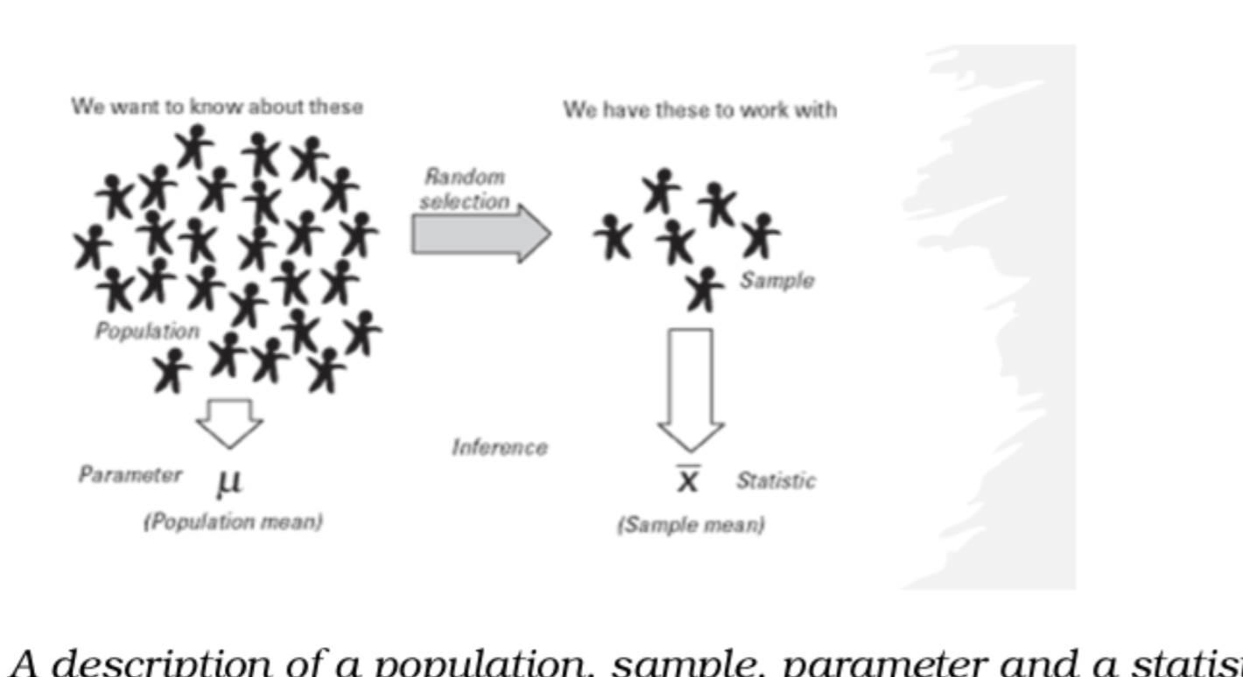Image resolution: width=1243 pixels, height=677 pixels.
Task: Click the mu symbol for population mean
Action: tap(229, 480)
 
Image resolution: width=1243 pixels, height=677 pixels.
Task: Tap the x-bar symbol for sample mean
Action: tap(688, 478)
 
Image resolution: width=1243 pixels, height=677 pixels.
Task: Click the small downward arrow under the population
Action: tap(229, 422)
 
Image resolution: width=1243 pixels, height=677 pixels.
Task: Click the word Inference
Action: tap(499, 448)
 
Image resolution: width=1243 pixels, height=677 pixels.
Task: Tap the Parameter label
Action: tap(130, 475)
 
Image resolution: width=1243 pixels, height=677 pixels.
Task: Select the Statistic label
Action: tap(776, 480)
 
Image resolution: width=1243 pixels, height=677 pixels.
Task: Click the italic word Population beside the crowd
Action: tap(147, 332)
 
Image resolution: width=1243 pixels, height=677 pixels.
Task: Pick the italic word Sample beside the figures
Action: tap(776, 281)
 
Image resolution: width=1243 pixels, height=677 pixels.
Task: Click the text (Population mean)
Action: tap(233, 522)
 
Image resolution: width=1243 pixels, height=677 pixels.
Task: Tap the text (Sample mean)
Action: tap(691, 526)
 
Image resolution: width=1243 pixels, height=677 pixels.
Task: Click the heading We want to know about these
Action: tap(217, 107)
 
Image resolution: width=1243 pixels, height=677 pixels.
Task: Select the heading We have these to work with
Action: tap(699, 110)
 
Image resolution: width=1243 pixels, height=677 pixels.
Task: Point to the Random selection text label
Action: tap(464, 189)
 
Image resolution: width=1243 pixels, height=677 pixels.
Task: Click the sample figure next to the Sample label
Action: tap(703, 290)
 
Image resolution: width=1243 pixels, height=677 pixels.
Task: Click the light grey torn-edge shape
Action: tap(1007, 315)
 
